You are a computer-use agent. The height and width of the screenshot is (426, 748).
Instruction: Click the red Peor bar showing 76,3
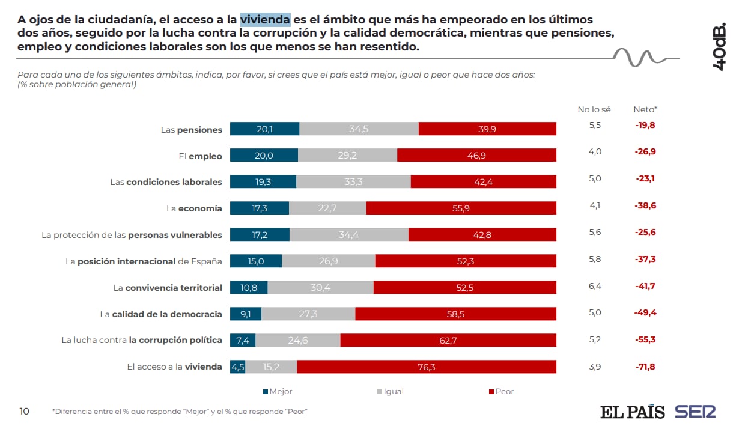point(427,367)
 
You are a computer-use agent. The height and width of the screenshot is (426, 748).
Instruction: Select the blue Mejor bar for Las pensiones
point(264,129)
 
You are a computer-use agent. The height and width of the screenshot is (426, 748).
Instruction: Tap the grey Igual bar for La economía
point(327,208)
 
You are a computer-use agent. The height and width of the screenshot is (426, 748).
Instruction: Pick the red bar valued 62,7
point(448,340)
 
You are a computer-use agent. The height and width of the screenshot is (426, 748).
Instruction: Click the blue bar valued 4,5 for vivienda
point(237,367)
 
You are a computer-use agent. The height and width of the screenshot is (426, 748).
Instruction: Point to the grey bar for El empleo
point(347,155)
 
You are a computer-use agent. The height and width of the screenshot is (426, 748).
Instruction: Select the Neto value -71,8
point(645,366)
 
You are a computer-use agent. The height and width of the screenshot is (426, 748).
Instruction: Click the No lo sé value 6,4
point(594,287)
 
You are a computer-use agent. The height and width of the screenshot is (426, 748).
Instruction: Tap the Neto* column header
point(645,109)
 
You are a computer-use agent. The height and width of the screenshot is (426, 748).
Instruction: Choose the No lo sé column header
point(594,109)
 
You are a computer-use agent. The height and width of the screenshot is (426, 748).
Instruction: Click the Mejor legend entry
point(278,391)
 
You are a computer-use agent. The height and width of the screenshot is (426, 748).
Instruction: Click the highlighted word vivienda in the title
point(265,20)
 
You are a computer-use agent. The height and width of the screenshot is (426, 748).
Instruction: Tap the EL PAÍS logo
point(632,412)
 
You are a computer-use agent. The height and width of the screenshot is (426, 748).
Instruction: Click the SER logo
point(695,412)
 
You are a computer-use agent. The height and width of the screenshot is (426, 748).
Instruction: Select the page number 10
point(24,411)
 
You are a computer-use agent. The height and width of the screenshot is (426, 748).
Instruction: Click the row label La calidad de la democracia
point(161,314)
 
